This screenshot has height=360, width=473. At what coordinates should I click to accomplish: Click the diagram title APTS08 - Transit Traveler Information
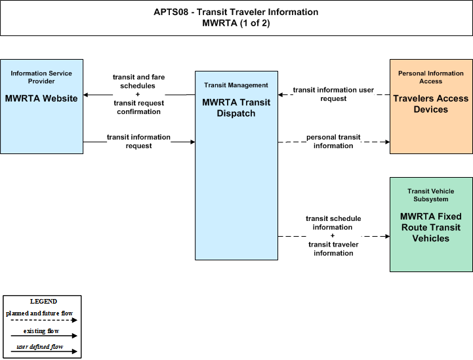tap(236, 12)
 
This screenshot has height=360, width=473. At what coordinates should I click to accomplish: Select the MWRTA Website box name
tap(41, 98)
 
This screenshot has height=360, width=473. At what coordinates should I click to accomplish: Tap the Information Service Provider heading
tap(41, 77)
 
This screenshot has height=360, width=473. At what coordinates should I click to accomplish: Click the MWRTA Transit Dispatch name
tap(236, 108)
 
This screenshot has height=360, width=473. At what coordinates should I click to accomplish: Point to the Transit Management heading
tap(236, 85)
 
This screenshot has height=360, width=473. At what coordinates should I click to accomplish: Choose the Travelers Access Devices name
tap(431, 104)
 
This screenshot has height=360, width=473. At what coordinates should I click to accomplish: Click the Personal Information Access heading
tap(431, 77)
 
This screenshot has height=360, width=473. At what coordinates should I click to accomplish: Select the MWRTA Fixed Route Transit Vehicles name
tap(431, 228)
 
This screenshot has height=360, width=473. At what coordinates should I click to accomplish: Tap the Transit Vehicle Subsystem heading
tap(431, 195)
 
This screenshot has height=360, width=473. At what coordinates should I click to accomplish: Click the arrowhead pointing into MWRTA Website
tap(85, 95)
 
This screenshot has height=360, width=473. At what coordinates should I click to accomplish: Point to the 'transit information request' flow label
tap(139, 142)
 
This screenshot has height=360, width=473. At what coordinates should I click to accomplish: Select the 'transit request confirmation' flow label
tap(139, 108)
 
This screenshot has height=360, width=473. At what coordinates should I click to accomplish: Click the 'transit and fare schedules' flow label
tap(139, 81)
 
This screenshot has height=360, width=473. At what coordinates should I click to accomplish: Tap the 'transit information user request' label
tap(333, 94)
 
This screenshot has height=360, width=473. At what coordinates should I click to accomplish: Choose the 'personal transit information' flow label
tap(333, 142)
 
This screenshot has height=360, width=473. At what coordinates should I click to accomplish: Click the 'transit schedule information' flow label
tap(333, 223)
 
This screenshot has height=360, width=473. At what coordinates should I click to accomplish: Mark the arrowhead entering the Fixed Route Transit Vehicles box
tap(387, 236)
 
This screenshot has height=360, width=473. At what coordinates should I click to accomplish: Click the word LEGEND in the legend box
tap(43, 302)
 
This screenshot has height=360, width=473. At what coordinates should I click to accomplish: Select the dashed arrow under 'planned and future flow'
tap(44, 320)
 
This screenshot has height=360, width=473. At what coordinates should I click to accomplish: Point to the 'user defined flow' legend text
tap(40, 347)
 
